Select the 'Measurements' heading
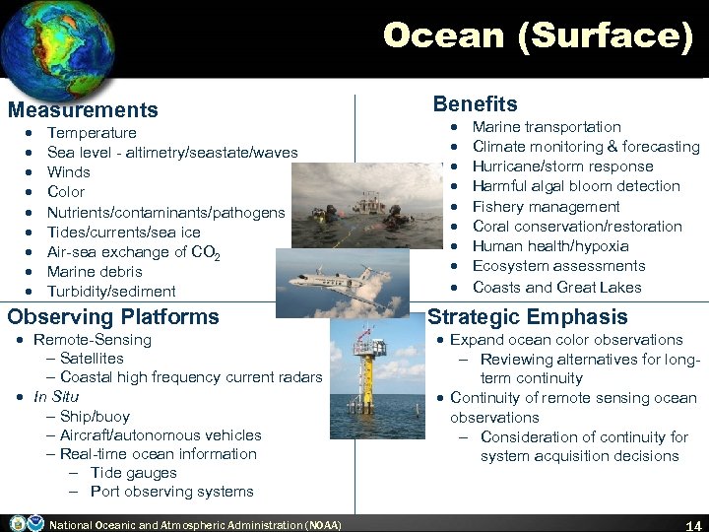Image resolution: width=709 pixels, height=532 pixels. [83, 110]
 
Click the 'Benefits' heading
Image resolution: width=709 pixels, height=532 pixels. [475, 104]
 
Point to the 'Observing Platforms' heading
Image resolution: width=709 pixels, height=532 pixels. [113, 317]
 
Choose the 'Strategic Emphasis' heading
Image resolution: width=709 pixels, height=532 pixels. [527, 317]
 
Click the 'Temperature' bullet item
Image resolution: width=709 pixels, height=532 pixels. [92, 133]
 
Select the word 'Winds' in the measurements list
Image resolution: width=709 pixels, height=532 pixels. [69, 172]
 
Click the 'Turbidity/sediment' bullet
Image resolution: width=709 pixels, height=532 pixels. [111, 292]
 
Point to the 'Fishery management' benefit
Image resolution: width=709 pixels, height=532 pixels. [546, 207]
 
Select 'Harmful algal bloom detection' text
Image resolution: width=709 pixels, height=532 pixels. [576, 186]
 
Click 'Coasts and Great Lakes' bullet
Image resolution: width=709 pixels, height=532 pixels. [556, 288]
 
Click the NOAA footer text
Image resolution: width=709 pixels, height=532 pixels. [195, 525]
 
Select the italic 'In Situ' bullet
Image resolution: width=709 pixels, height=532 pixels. [56, 397]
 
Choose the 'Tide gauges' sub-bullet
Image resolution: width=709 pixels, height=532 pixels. [133, 473]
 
